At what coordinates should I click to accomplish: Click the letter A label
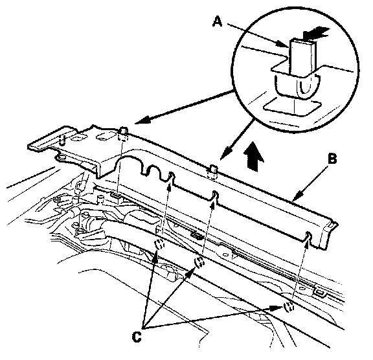tap(217, 21)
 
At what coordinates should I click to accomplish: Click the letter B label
tap(332, 159)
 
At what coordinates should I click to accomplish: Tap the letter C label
tap(137, 337)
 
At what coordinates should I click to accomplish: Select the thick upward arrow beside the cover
tap(254, 156)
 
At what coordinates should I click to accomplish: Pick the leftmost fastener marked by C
tap(159, 244)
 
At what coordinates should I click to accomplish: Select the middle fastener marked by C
tap(199, 262)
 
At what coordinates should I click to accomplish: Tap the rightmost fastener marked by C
tap(289, 307)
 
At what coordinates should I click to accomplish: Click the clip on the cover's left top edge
tap(124, 134)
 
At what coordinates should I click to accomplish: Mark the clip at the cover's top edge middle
tap(213, 172)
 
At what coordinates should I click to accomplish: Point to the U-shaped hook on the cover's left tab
tap(62, 141)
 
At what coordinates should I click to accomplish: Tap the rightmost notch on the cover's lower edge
tap(308, 236)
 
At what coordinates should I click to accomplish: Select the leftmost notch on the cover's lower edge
tap(171, 177)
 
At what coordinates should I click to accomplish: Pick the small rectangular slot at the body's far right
tap(320, 292)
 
